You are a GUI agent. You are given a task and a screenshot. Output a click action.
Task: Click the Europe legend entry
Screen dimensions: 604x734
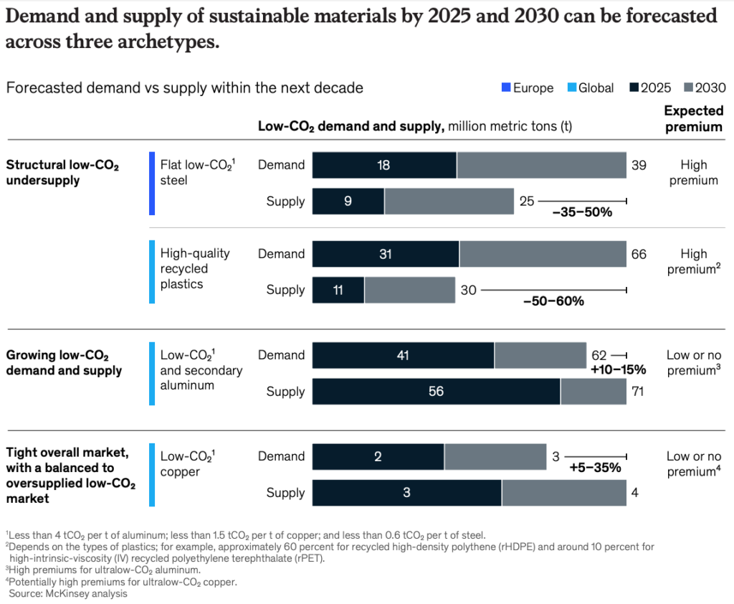point(528,88)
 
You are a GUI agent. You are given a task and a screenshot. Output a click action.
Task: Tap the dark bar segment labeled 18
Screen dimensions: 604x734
point(384,165)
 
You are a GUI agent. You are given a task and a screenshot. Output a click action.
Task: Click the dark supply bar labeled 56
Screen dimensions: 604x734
point(436,392)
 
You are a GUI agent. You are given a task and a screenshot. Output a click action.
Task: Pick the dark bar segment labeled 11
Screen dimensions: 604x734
point(338,290)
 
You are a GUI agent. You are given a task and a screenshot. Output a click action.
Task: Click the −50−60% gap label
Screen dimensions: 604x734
point(553,301)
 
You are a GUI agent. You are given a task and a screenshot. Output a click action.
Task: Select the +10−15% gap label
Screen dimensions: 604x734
point(618,370)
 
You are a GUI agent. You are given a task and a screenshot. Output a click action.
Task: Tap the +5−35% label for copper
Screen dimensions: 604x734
point(595,468)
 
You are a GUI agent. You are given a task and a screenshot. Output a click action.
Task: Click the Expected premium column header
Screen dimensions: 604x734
point(693,118)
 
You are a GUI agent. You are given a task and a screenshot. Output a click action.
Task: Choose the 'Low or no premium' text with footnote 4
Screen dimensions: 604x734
point(693,463)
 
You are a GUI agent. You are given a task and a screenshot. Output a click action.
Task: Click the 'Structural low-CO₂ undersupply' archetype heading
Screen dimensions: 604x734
point(62,173)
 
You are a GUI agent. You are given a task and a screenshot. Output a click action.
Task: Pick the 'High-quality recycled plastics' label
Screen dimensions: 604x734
point(185,269)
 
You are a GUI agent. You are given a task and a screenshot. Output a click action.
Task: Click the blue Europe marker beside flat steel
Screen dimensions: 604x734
point(152,183)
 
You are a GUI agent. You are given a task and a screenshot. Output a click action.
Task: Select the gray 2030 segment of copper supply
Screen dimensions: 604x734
point(563,493)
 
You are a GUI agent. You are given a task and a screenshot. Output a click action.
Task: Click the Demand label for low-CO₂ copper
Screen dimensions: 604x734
point(281,456)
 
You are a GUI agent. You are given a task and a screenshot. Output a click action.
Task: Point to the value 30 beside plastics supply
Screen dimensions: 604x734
point(467,290)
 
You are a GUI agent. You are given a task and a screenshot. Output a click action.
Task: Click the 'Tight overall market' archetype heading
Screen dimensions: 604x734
point(67,475)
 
